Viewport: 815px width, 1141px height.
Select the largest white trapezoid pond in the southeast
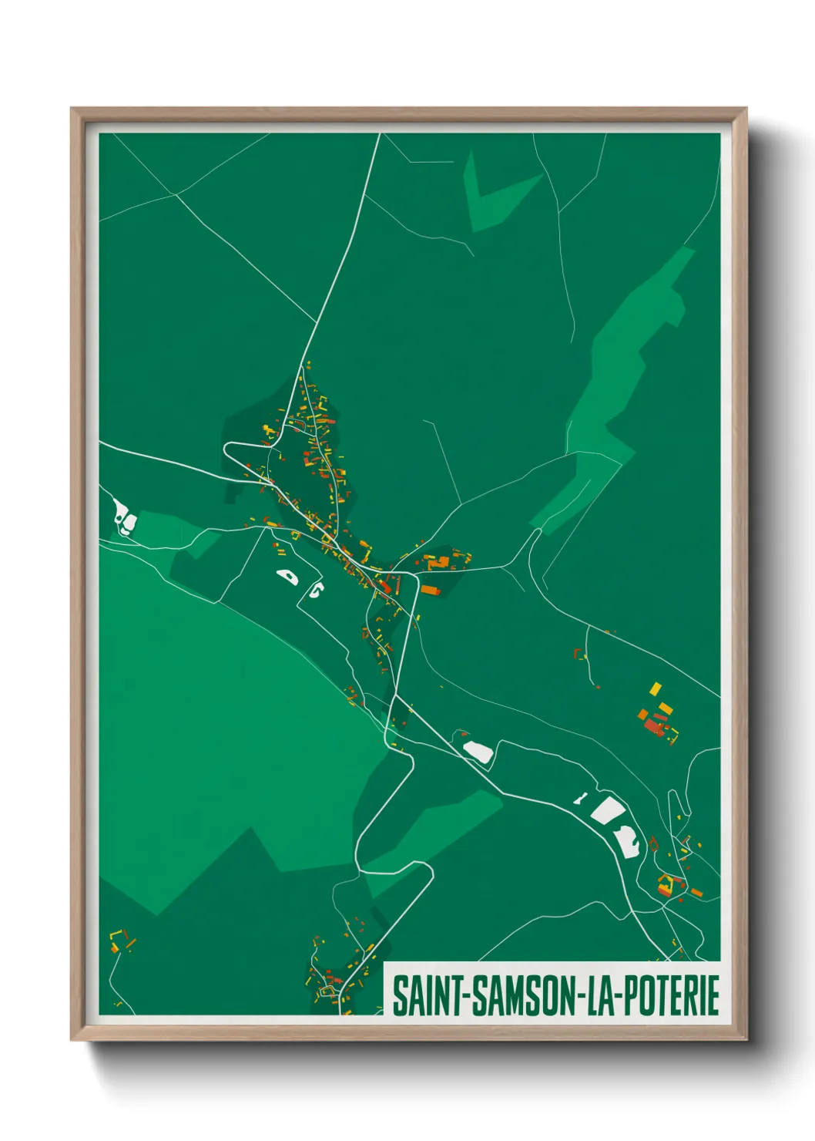(x=609, y=810)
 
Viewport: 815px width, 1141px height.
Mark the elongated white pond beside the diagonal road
(x=478, y=751)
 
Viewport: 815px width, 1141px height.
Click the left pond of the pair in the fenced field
(x=287, y=576)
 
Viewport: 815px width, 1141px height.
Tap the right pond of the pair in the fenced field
(x=315, y=591)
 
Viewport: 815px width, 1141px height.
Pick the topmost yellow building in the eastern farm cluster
(x=656, y=688)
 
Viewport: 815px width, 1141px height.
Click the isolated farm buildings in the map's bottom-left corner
(x=120, y=941)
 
